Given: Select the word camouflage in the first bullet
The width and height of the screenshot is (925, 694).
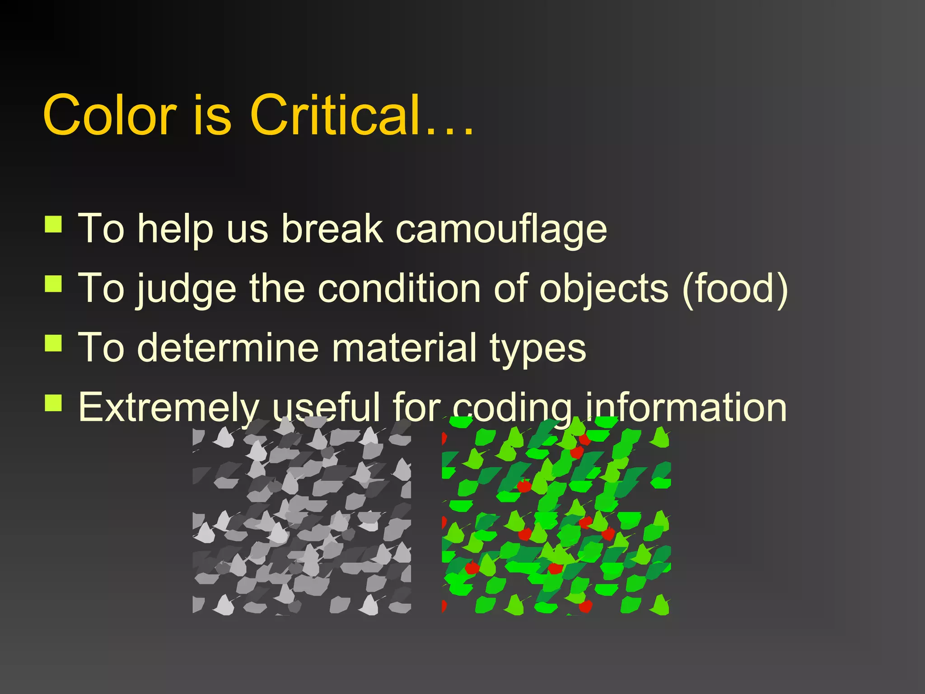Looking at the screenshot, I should pyautogui.click(x=501, y=229).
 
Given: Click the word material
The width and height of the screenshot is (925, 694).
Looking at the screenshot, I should pyautogui.click(x=404, y=348).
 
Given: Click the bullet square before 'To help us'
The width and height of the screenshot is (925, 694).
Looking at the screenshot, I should pyautogui.click(x=53, y=224).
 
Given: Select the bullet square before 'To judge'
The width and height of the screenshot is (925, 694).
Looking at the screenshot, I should pyautogui.click(x=53, y=284).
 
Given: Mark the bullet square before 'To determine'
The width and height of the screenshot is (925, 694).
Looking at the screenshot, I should pyautogui.click(x=53, y=343).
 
